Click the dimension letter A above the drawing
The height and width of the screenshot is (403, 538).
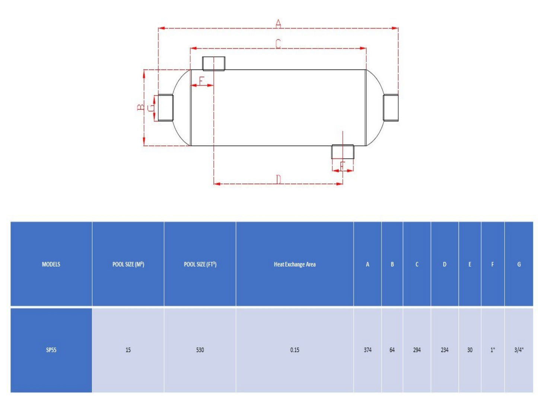coord(278,24)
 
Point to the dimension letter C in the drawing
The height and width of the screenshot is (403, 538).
coord(278,44)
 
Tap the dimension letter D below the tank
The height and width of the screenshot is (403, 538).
coord(278,180)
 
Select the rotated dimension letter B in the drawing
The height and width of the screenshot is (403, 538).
coord(140,107)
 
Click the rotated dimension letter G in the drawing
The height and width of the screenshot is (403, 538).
coord(150,108)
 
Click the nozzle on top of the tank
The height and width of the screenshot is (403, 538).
coord(214,64)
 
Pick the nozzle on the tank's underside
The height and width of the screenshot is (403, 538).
coord(343,152)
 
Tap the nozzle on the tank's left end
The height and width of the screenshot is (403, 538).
coord(166,108)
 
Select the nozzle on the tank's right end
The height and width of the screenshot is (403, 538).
coord(391,108)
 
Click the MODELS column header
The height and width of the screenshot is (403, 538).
coord(51,264)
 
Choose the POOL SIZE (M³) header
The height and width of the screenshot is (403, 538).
coord(128,264)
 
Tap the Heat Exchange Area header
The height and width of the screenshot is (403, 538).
coord(295,264)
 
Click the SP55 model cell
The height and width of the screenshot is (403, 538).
coord(51,350)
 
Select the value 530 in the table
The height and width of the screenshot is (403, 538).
coord(200,350)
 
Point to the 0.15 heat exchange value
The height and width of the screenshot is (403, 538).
coord(295,350)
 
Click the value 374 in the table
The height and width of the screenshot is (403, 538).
coord(367,350)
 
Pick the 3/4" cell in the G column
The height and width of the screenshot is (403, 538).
coord(519,350)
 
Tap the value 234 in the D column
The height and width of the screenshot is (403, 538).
coord(445,350)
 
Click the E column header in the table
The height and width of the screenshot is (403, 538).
coord(469,264)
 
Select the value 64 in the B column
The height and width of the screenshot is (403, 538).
coord(392,350)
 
